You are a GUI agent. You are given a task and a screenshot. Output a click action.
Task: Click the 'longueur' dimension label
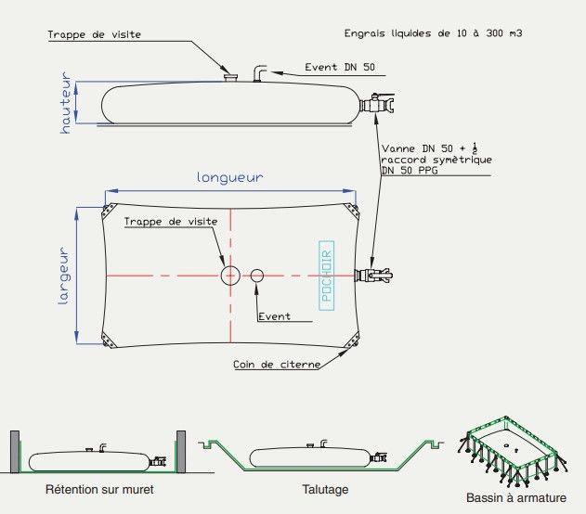[x=228, y=177]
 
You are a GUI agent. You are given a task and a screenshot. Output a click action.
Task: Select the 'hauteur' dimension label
[x=66, y=103]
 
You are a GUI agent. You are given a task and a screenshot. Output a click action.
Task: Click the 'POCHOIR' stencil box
[x=327, y=276]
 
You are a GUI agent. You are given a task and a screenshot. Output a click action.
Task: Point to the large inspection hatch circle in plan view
[x=230, y=276]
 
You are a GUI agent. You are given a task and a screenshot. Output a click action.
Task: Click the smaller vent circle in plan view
[x=257, y=276]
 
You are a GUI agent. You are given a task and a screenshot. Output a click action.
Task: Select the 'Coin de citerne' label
[x=277, y=365]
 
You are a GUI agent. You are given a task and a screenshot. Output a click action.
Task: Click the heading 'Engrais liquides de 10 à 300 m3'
[x=439, y=33]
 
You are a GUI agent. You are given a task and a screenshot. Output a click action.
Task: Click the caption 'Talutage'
[x=325, y=488]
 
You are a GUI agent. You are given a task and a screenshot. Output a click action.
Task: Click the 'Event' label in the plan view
[x=274, y=316]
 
